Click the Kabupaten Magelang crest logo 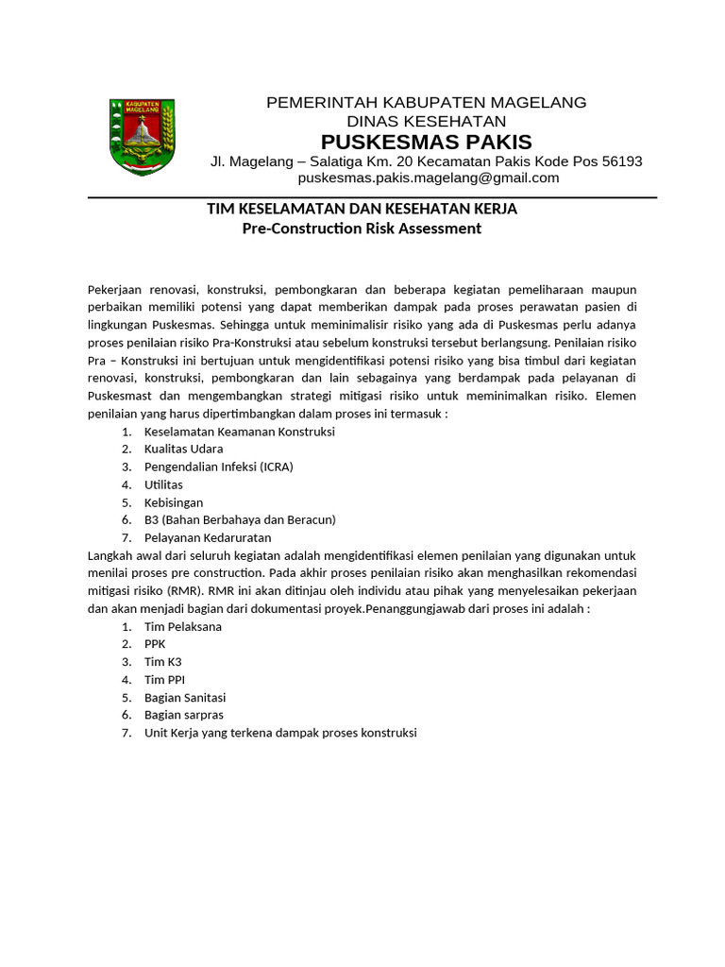pyautogui.click(x=142, y=136)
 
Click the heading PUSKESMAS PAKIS pyautogui.click(x=426, y=143)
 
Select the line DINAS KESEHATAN pyautogui.click(x=426, y=122)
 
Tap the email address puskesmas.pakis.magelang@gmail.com pyautogui.click(x=429, y=178)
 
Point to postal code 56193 pyautogui.click(x=615, y=161)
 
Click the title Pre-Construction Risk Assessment pyautogui.click(x=362, y=229)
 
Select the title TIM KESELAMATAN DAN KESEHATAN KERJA pyautogui.click(x=362, y=209)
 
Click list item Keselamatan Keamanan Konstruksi pyautogui.click(x=239, y=432)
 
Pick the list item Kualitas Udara pyautogui.click(x=183, y=449)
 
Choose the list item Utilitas pyautogui.click(x=163, y=484)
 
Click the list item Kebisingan pyautogui.click(x=174, y=502)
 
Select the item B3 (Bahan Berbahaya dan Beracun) pyautogui.click(x=240, y=519)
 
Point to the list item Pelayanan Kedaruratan pyautogui.click(x=208, y=537)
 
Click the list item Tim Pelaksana pyautogui.click(x=183, y=627)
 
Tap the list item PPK pyautogui.click(x=155, y=644)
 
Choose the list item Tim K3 pyautogui.click(x=162, y=662)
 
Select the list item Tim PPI pyautogui.click(x=164, y=680)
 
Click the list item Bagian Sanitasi pyautogui.click(x=185, y=698)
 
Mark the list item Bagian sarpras pyautogui.click(x=184, y=715)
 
